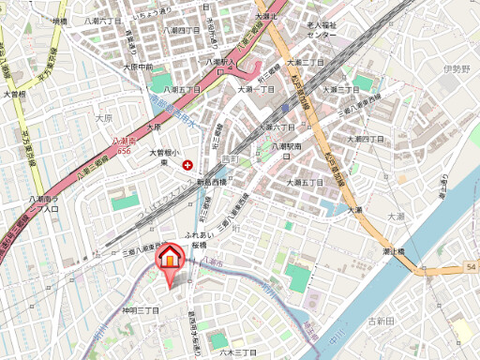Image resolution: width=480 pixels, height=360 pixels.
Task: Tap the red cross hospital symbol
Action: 187,164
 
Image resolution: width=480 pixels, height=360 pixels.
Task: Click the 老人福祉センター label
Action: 321,29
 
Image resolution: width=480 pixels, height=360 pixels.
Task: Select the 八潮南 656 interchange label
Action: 123,144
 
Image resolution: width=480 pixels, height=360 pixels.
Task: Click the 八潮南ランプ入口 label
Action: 45,203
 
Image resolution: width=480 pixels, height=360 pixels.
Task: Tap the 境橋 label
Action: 60,20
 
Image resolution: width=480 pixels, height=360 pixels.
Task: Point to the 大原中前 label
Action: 137,67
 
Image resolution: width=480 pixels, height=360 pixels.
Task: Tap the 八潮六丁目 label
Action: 102,20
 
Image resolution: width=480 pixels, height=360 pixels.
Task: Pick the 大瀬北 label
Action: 267,17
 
